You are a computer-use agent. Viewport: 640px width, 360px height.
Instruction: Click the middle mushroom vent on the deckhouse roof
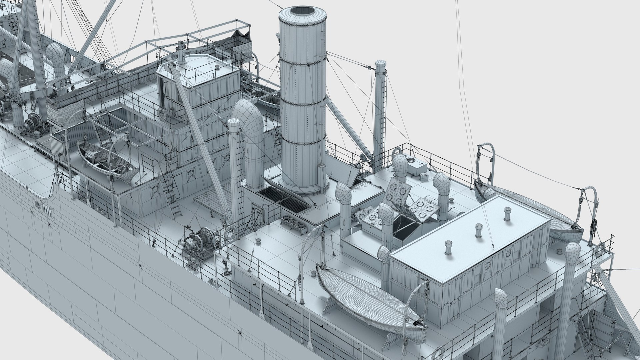click(x=479, y=230)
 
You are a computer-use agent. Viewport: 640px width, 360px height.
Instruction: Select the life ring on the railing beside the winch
click(x=230, y=231)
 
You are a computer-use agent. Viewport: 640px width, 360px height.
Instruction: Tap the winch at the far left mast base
click(x=32, y=123)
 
